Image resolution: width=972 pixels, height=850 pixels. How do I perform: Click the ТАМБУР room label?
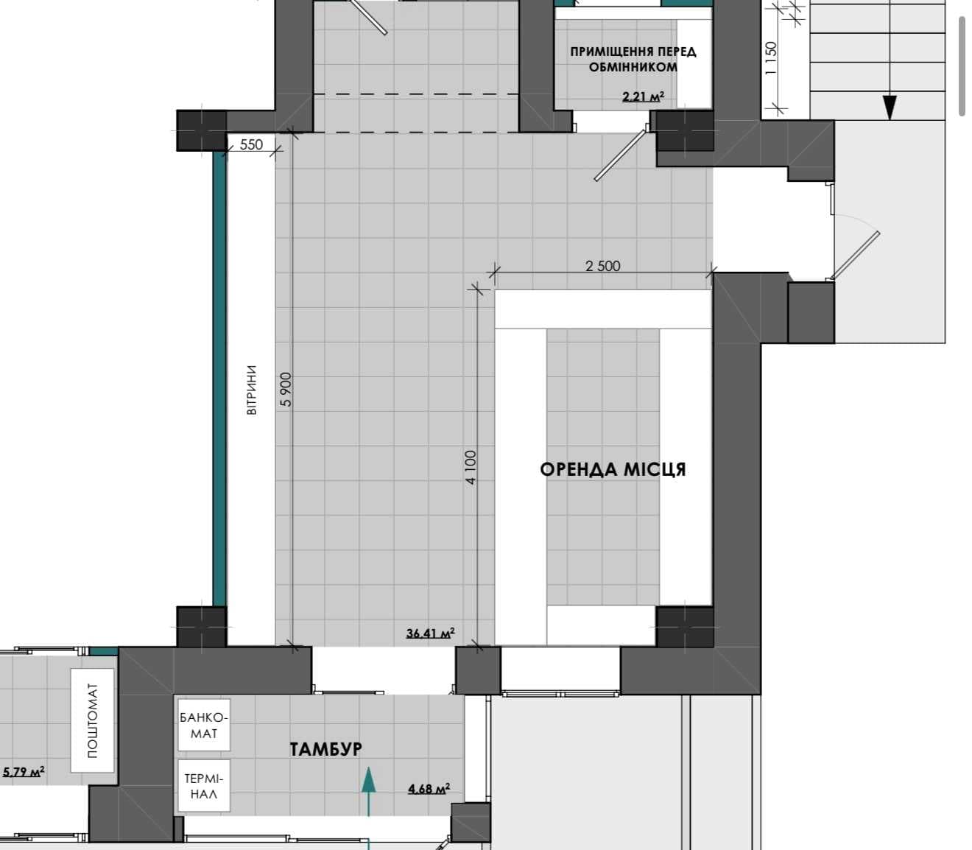(x=325, y=749)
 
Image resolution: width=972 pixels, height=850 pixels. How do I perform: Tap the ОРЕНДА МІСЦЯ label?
(x=613, y=469)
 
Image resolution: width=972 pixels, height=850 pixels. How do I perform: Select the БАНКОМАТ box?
(x=204, y=725)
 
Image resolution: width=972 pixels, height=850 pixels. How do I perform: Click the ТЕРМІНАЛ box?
(x=204, y=786)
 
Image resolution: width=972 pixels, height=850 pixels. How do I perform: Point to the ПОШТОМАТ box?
(x=92, y=721)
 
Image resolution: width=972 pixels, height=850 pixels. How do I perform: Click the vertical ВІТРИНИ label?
(x=251, y=390)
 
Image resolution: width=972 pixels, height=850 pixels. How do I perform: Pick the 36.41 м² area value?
(x=431, y=633)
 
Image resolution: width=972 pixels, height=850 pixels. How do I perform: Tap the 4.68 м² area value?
(x=429, y=789)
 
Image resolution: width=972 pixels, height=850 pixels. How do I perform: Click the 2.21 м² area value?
(x=644, y=96)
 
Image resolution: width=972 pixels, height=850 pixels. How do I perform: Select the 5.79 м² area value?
(x=23, y=770)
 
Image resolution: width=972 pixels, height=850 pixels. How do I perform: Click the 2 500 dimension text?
(x=603, y=266)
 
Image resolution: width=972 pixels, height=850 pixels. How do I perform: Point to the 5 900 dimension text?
(x=286, y=389)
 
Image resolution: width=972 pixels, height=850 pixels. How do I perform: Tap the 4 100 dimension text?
(x=471, y=467)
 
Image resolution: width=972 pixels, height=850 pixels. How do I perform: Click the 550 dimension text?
(x=251, y=144)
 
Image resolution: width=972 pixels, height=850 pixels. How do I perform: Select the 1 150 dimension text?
(x=770, y=58)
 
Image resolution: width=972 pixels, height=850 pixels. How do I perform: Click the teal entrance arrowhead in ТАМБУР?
(x=369, y=781)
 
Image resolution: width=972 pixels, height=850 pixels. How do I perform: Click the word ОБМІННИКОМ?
(x=633, y=68)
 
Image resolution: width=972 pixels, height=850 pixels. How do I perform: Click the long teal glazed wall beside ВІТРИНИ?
(x=219, y=379)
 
